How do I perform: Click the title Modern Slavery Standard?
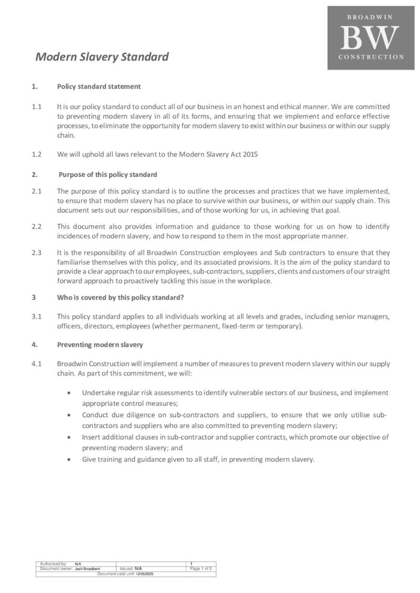[x=102, y=57]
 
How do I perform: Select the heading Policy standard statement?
[x=99, y=86]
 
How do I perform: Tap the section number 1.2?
[x=36, y=154]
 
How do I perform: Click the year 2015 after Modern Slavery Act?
[x=250, y=154]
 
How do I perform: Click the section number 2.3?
[x=36, y=252]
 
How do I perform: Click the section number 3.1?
[x=36, y=316]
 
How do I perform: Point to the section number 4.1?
[x=36, y=364]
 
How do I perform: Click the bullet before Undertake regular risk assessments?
[x=70, y=393]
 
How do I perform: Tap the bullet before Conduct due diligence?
[x=70, y=415]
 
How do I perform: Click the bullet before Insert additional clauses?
[x=70, y=437]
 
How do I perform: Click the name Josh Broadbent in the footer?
[x=87, y=568]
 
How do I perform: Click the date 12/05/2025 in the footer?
[x=145, y=574]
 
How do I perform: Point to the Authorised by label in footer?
[x=53, y=563]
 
